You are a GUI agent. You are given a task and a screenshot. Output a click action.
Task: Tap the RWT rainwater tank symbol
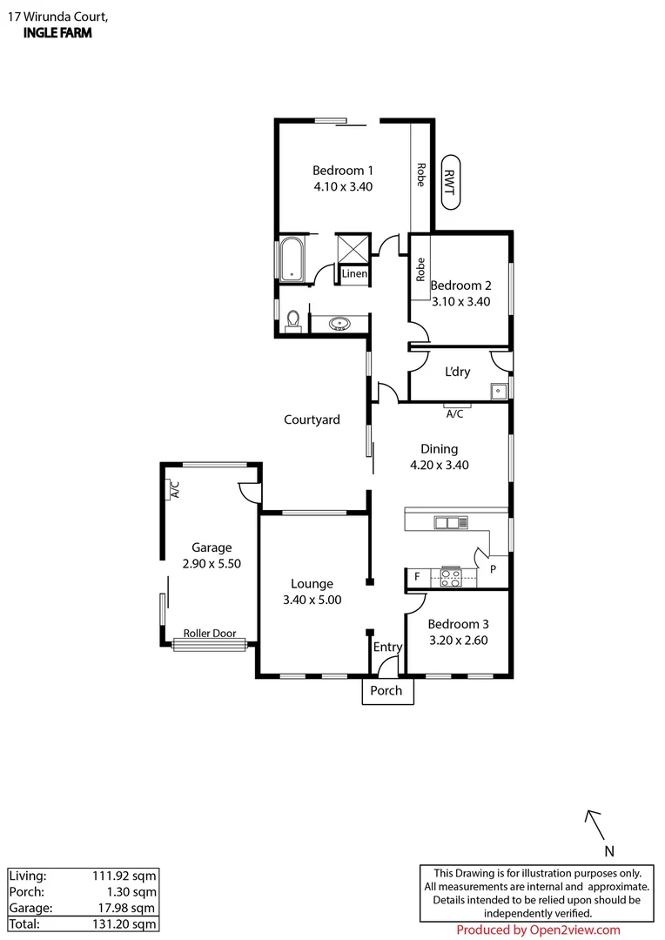click(449, 182)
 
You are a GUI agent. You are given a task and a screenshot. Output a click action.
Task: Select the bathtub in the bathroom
click(291, 258)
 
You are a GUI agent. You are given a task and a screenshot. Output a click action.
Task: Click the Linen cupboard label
click(354, 274)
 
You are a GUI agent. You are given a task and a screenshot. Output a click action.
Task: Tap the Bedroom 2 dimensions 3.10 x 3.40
click(461, 302)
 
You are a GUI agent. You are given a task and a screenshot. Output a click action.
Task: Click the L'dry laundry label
click(457, 372)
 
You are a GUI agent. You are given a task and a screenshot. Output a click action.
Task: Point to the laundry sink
click(498, 391)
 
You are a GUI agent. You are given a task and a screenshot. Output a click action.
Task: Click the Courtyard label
click(312, 420)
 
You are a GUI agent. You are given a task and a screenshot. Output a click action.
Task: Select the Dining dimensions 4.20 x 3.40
click(439, 465)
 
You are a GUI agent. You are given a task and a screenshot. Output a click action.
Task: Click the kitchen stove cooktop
click(451, 577)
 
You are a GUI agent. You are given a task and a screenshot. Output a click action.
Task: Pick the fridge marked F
click(417, 577)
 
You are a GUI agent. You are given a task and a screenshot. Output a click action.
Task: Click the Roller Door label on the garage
click(209, 634)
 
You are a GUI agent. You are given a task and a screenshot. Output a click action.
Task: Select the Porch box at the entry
click(386, 691)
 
